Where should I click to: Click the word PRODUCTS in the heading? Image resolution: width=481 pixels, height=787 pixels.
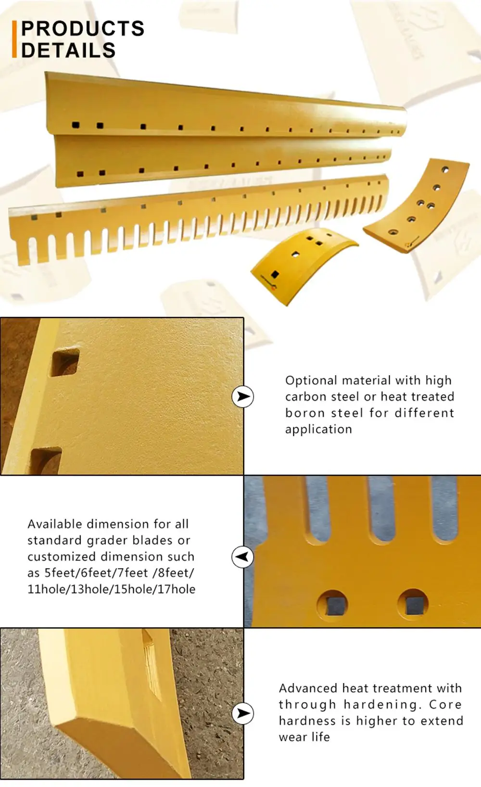83,29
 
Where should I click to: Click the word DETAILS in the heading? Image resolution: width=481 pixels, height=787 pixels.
68,51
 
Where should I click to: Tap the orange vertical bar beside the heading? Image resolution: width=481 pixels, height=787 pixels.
14,39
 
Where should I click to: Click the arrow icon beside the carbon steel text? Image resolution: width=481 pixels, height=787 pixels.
243,396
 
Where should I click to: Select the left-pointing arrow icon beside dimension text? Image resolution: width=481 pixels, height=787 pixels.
242,557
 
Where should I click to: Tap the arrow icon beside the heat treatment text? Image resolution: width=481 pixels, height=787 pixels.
243,713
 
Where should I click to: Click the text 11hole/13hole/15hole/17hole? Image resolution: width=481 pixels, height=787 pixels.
112,589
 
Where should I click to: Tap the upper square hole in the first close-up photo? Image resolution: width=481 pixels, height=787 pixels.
65,363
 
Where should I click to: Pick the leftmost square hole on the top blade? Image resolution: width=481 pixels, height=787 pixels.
76,125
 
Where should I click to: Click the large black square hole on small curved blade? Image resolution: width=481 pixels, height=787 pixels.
275,274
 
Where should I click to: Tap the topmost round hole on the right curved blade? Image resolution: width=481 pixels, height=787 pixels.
445,170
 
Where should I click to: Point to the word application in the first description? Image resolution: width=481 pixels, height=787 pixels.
318,429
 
